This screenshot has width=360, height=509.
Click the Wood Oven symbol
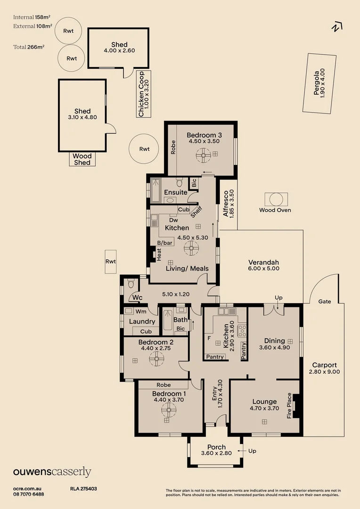coord(275,199)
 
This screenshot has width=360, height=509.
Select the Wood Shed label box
coord(82,159)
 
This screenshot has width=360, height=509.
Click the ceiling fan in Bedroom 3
coord(204,154)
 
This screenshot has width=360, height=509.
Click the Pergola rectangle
coord(320,83)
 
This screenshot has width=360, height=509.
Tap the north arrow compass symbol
coord(336,27)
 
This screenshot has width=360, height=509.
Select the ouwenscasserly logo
coord(52,472)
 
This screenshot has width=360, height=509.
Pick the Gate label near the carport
coord(325,301)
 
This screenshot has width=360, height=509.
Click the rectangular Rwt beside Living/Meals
coord(111,262)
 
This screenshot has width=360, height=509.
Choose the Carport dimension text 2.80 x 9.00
coord(325,371)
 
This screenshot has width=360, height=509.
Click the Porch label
coord(216,447)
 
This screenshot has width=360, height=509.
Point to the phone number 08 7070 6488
coord(29,494)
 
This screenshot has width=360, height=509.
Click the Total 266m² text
coord(29,47)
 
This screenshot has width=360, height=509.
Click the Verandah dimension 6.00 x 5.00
coord(264,268)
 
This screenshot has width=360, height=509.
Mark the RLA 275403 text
coord(83,489)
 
